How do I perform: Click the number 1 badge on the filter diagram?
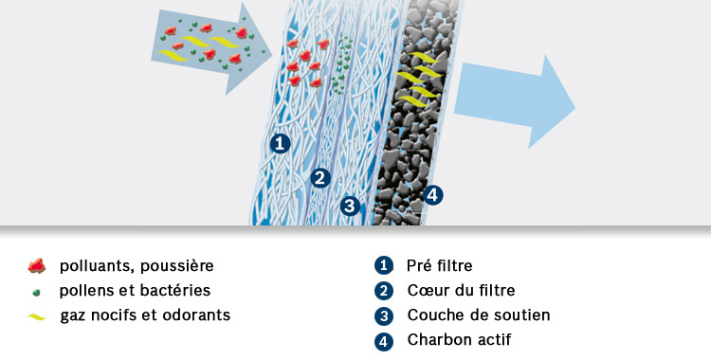[279, 143]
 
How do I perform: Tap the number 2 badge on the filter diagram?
[320, 177]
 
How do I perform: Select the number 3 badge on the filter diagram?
[350, 205]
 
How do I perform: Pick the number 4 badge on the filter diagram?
[433, 195]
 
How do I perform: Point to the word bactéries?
[178, 290]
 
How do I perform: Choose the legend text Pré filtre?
[439, 265]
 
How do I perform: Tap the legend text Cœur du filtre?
[461, 290]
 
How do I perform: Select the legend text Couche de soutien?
[478, 315]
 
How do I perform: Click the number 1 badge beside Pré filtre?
[383, 265]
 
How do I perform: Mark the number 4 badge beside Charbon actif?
[383, 339]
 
